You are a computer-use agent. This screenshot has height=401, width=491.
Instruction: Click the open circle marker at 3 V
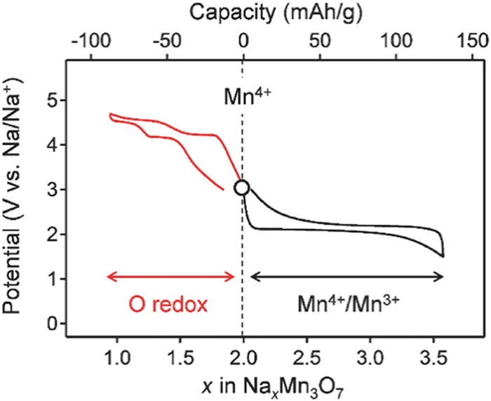coord(242,188)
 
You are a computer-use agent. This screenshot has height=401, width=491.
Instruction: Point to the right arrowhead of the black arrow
coord(442,277)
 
